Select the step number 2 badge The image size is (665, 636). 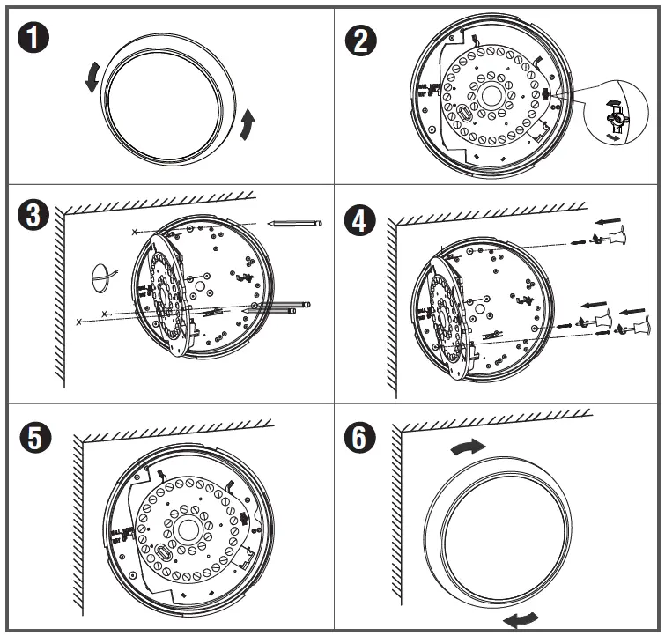coord(359,40)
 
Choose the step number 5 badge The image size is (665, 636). coord(35,438)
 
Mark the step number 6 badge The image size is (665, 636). coord(359,438)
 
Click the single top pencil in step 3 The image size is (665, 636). coord(294,223)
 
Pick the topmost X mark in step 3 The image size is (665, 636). coord(134,232)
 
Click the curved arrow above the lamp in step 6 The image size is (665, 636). coord(467,447)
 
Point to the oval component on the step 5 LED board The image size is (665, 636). coord(163,552)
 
